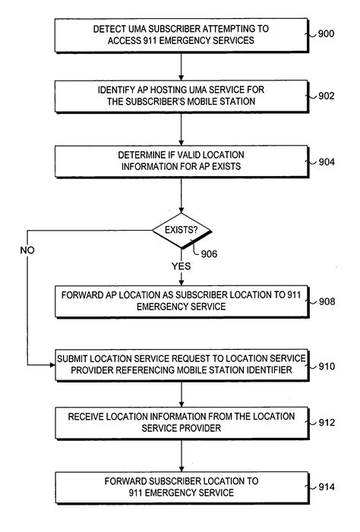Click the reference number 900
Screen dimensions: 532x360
[x=326, y=33]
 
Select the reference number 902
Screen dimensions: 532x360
[x=326, y=96]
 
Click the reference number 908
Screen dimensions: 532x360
[x=326, y=301]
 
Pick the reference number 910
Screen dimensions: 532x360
[x=326, y=366]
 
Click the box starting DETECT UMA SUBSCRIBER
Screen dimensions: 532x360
[x=181, y=34]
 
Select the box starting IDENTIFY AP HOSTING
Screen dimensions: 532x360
[x=181, y=97]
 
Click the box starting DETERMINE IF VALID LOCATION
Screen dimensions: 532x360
[x=181, y=161]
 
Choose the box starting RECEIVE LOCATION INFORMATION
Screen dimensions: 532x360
[x=181, y=422]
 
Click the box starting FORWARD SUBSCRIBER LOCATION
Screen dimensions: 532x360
[x=181, y=487]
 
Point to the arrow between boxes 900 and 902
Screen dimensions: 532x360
[x=182, y=65]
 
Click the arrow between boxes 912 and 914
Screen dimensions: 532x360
[x=182, y=455]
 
